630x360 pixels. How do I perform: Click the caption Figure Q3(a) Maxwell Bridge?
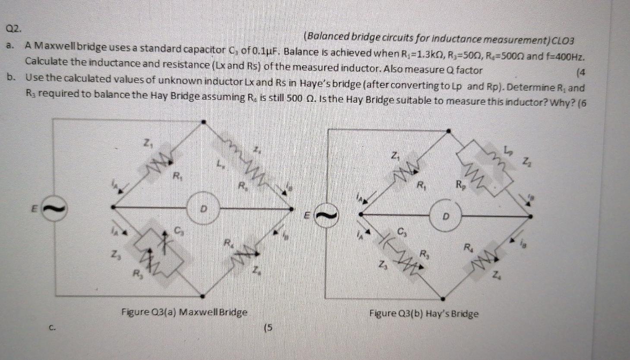[x=184, y=312]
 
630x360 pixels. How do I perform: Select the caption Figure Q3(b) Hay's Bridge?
[x=423, y=313]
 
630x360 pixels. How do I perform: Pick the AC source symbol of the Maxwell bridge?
[x=55, y=208]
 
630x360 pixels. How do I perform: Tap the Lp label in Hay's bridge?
[x=509, y=150]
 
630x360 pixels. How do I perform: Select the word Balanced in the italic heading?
[x=327, y=38]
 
